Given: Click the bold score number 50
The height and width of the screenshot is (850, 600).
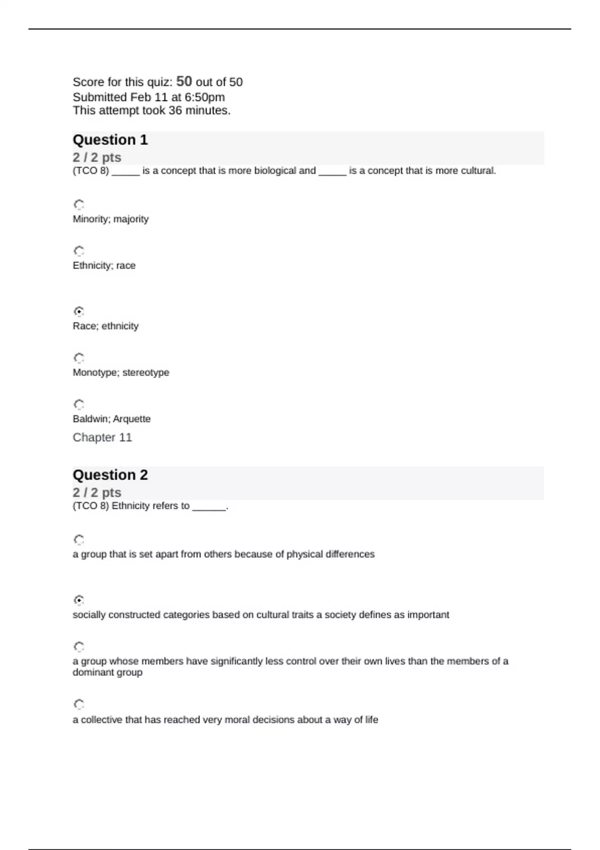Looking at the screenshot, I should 184,81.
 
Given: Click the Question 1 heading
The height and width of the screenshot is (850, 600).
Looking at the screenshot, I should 110,140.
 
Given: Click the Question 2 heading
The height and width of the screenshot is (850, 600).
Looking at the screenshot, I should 110,475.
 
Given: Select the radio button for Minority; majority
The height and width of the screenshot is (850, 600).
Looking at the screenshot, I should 79,204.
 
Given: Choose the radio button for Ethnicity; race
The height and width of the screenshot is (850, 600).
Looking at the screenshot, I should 79,251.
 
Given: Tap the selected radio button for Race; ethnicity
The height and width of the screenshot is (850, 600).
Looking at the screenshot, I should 79,311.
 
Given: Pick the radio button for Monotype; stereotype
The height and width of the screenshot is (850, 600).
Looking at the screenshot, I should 79,358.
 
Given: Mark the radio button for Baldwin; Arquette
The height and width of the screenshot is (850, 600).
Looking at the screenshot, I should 79,404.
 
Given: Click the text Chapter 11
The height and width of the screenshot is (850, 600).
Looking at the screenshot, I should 102,437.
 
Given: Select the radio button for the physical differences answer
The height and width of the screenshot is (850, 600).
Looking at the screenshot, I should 79,540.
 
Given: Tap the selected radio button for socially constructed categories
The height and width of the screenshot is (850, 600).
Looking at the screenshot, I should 79,600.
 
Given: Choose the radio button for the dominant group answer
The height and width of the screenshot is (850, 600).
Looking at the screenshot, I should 79,647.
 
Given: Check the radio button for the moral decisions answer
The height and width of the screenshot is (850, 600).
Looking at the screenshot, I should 79,704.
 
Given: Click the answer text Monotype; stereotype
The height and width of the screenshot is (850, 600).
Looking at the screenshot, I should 121,372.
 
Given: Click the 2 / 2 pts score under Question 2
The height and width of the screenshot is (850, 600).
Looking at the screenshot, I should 97,492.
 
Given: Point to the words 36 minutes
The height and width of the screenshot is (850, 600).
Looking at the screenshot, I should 199,110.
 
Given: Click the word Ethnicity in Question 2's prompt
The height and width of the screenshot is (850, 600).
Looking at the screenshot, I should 130,506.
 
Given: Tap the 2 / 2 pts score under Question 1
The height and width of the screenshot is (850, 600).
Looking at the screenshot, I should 97,157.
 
